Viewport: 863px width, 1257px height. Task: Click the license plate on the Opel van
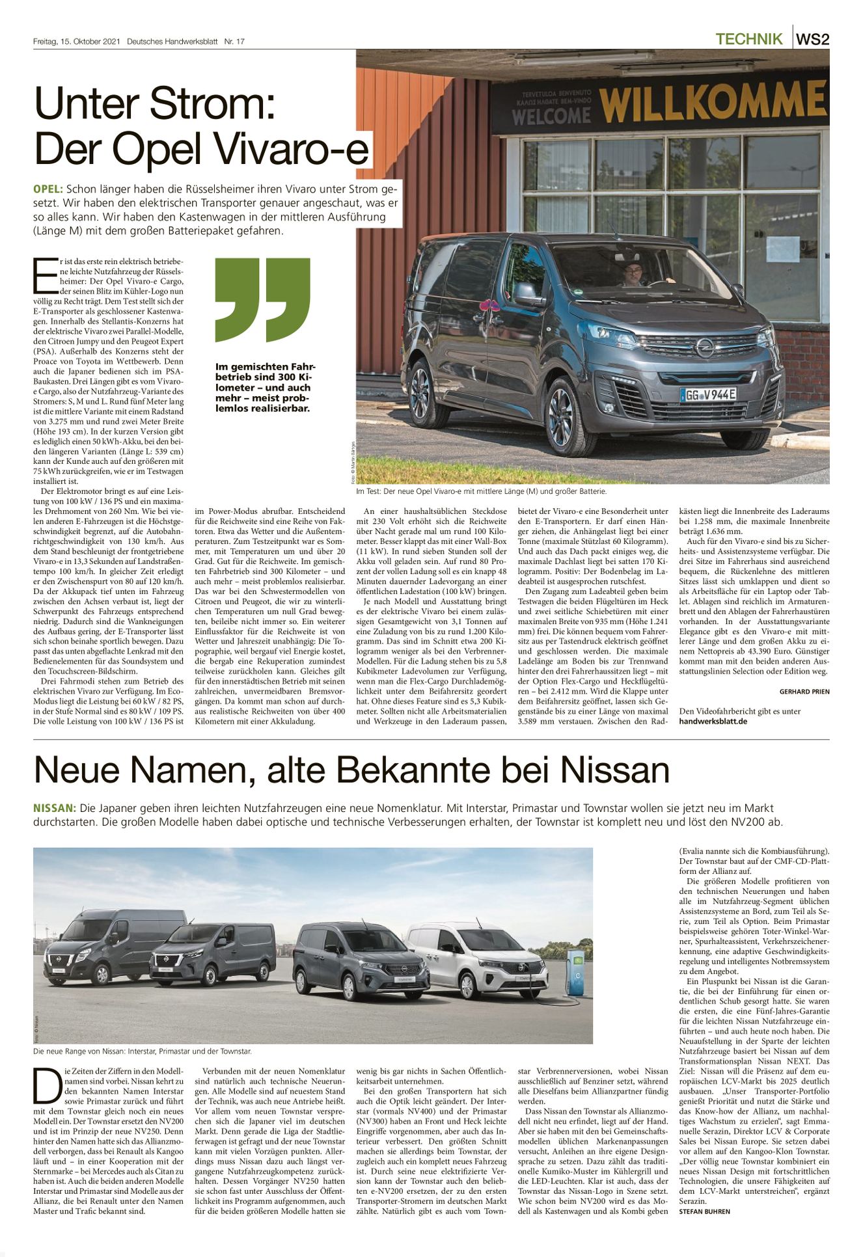(708, 394)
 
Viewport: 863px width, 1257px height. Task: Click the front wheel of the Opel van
(561, 416)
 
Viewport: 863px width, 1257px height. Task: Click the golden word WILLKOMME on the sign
(713, 103)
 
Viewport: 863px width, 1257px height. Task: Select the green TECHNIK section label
(748, 39)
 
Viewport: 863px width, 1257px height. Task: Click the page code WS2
(813, 39)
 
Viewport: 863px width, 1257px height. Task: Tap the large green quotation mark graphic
(262, 299)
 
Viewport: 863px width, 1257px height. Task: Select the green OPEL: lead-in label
(48, 189)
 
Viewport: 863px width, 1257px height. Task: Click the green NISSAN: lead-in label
(55, 808)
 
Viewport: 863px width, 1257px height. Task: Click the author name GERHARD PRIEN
(804, 692)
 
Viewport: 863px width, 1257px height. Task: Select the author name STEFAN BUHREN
(704, 1211)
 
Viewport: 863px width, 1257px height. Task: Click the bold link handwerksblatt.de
(713, 721)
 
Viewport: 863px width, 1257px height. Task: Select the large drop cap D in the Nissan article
(47, 1086)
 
